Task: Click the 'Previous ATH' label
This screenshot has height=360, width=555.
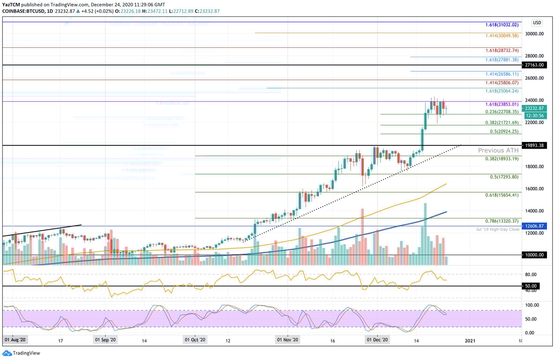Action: coord(498,150)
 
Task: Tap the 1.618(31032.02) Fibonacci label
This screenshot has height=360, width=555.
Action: coord(501,24)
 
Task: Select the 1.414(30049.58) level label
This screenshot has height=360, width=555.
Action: coord(501,35)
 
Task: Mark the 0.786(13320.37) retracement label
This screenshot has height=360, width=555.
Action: coord(501,221)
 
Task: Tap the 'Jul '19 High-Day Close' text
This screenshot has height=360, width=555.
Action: coord(497,229)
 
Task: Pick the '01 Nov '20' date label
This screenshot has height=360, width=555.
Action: coord(288,340)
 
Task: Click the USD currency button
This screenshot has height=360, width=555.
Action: coord(537,22)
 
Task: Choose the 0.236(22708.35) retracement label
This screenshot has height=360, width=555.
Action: coord(501,112)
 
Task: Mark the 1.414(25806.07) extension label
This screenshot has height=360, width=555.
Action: coord(501,82)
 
